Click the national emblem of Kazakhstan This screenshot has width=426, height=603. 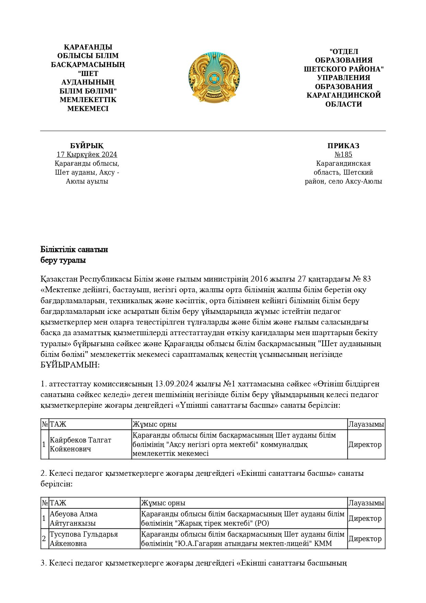214,77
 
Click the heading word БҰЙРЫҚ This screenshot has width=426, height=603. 87,146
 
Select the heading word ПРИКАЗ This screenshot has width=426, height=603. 343,146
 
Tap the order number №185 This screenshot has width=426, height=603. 343,155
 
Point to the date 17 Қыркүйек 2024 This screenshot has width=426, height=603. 87,155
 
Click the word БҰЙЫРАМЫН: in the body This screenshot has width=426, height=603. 70,365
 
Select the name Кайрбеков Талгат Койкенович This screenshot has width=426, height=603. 81,445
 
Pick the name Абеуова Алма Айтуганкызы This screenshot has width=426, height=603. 73,518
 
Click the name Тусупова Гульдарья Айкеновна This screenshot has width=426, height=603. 84,539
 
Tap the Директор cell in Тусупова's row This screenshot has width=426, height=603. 365,539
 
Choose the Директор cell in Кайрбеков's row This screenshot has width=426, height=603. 365,445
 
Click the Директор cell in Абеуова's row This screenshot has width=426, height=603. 365,518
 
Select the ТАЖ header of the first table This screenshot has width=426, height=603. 58,424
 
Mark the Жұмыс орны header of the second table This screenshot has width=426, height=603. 163,503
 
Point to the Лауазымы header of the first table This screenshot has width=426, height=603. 366,424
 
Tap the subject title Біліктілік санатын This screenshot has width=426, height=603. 74,250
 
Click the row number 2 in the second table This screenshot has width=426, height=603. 44,539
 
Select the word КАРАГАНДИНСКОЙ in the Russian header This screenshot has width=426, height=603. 344,95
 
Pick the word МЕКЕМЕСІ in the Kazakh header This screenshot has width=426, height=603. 88,109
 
